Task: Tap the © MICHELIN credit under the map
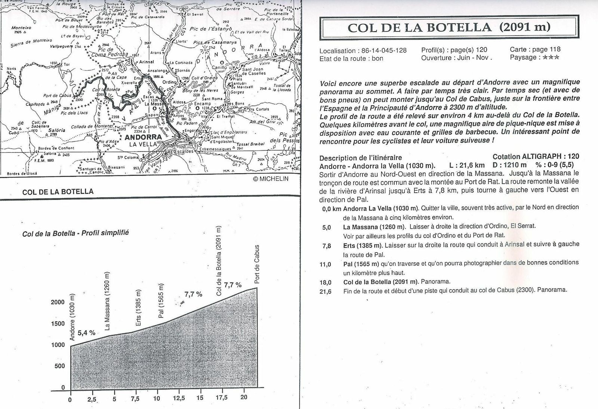tap(271, 179)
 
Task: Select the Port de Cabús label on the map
tap(55, 95)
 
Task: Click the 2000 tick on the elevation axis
tap(58, 302)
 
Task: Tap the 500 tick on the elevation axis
tap(60, 366)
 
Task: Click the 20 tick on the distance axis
tap(244, 397)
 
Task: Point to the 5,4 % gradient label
tap(86, 332)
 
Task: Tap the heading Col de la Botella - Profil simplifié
tap(76, 233)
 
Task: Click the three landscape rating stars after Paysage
tap(551, 58)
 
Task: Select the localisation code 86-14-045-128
tap(382, 51)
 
